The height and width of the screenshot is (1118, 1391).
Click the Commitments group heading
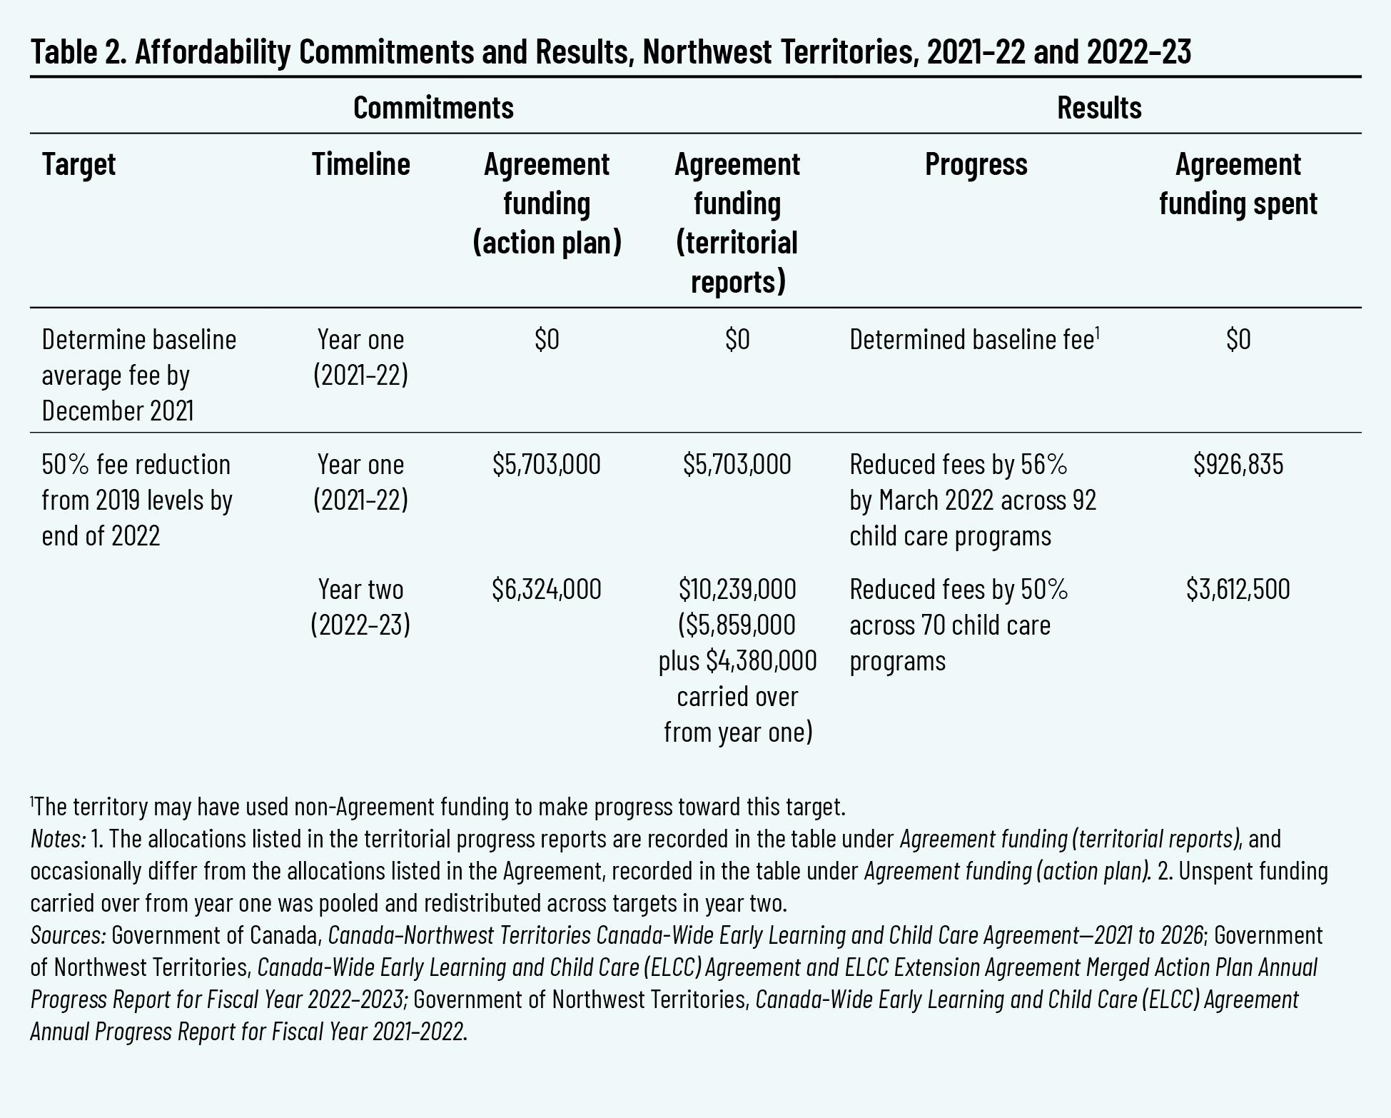coord(433,108)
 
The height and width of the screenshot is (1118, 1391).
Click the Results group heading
coord(1099,108)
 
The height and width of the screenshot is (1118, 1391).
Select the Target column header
coord(79,164)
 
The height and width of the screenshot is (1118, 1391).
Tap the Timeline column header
coord(361,164)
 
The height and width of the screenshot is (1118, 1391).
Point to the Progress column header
coord(976,164)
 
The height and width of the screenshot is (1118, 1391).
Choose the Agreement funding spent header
coord(1238,184)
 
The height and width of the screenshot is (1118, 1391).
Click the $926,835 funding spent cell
coord(1238,465)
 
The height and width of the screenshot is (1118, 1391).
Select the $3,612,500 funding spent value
coord(1238,590)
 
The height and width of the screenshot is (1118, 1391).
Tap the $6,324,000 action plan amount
coord(547,590)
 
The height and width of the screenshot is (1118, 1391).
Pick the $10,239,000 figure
coord(737,590)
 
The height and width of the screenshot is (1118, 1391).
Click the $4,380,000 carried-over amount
coord(761,661)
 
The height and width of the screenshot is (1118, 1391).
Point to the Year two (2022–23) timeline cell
coord(361,607)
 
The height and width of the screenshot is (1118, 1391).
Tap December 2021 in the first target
coord(118,411)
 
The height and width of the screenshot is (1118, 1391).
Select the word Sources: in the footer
coord(69,935)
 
